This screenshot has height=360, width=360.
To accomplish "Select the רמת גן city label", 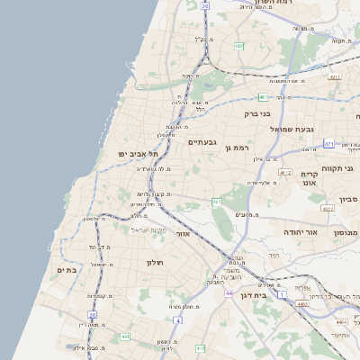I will click(235, 148).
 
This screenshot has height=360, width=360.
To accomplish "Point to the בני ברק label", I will click(258, 114).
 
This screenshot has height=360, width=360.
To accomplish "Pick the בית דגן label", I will click(255, 295).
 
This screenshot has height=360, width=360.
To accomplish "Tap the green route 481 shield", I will click(263, 96).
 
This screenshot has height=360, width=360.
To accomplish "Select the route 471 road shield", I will click(329, 143).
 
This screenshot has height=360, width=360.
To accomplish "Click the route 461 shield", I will click(217, 202).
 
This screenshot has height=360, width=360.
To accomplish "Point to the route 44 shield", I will click(229, 293).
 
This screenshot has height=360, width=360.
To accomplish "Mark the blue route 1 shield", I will click(282, 294).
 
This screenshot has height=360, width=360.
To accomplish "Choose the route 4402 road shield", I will click(302, 304).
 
